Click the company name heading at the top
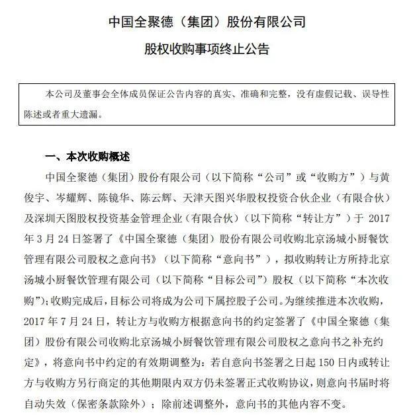(x=208, y=22)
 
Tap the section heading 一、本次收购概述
(x=87, y=157)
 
